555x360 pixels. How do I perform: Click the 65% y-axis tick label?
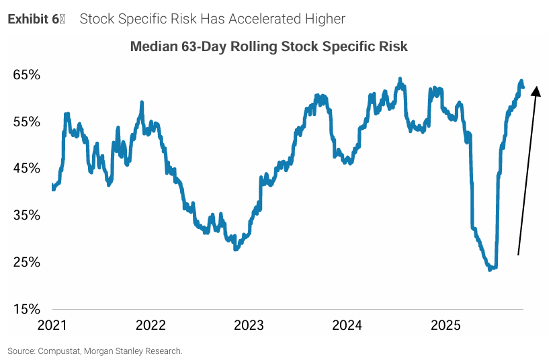[27, 75]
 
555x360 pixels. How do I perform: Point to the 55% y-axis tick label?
[27, 122]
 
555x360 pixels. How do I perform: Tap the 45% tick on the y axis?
[27, 169]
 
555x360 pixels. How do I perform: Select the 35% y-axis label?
[27, 216]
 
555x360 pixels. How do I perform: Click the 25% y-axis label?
[27, 263]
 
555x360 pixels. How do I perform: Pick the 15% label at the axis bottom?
[27, 310]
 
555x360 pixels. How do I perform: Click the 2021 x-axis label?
[52, 326]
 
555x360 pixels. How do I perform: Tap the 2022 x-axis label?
[151, 326]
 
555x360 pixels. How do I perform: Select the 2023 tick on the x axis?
[249, 326]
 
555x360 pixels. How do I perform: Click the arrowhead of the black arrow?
[536, 89]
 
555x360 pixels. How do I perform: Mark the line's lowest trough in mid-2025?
[490, 269]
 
